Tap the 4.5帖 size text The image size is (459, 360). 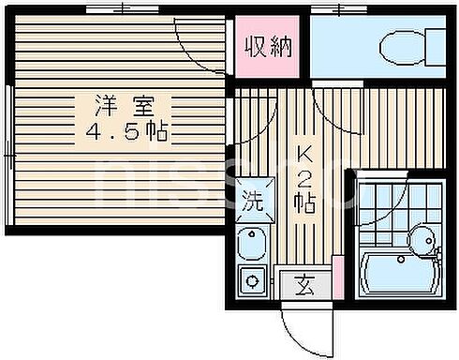click(x=125, y=132)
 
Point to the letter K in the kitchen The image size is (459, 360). click(x=304, y=154)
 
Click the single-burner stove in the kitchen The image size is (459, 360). click(x=252, y=277)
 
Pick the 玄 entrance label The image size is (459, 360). click(x=305, y=280)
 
